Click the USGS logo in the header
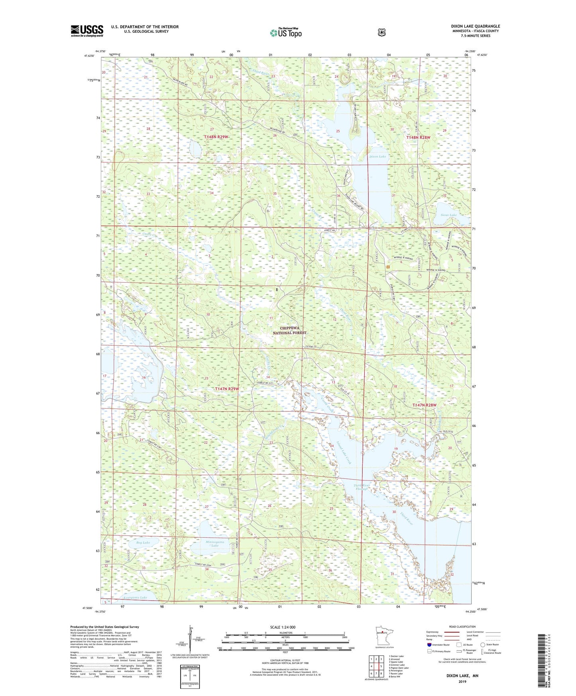(87, 31)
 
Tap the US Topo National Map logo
(285, 32)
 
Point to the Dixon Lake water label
(377, 157)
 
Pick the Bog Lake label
(143, 543)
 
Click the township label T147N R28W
(424, 405)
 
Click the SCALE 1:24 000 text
(283, 627)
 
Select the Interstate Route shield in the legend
(429, 645)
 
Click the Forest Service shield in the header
(381, 32)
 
